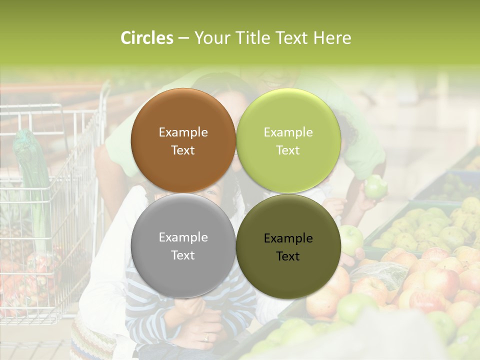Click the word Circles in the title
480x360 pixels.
[146, 38]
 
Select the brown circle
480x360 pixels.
[183, 140]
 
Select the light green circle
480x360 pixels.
[288, 140]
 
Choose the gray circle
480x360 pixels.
[183, 245]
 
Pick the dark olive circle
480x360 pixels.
[288, 246]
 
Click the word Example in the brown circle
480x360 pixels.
[183, 132]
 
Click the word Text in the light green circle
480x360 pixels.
[288, 150]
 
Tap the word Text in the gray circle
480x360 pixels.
[183, 255]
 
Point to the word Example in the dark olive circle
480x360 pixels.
[288, 238]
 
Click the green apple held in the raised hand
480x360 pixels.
[375, 186]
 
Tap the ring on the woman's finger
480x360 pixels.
[206, 337]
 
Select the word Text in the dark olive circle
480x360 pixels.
[288, 256]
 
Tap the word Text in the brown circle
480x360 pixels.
[183, 150]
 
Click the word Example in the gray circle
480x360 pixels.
[183, 237]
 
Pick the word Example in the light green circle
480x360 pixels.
[288, 132]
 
